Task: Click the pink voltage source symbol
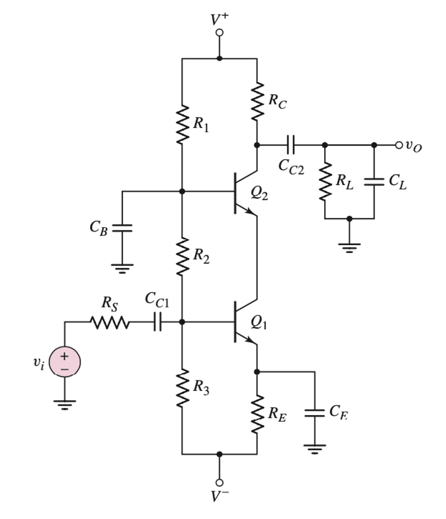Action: [x=64, y=362]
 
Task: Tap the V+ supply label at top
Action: [x=220, y=19]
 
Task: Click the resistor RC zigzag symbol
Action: [x=257, y=102]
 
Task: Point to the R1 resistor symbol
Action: [x=182, y=125]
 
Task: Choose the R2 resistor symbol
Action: [x=182, y=256]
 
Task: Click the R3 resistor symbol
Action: [x=182, y=387]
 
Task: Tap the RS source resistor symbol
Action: [x=110, y=322]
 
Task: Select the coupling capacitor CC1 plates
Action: [x=157, y=322]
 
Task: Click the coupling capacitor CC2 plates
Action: [x=290, y=145]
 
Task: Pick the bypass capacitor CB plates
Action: [x=122, y=228]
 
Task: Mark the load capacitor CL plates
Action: [x=374, y=182]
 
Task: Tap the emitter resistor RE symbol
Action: [x=257, y=414]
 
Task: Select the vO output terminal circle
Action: [x=399, y=145]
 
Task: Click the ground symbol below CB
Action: [x=122, y=268]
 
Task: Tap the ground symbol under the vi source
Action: [x=64, y=405]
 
